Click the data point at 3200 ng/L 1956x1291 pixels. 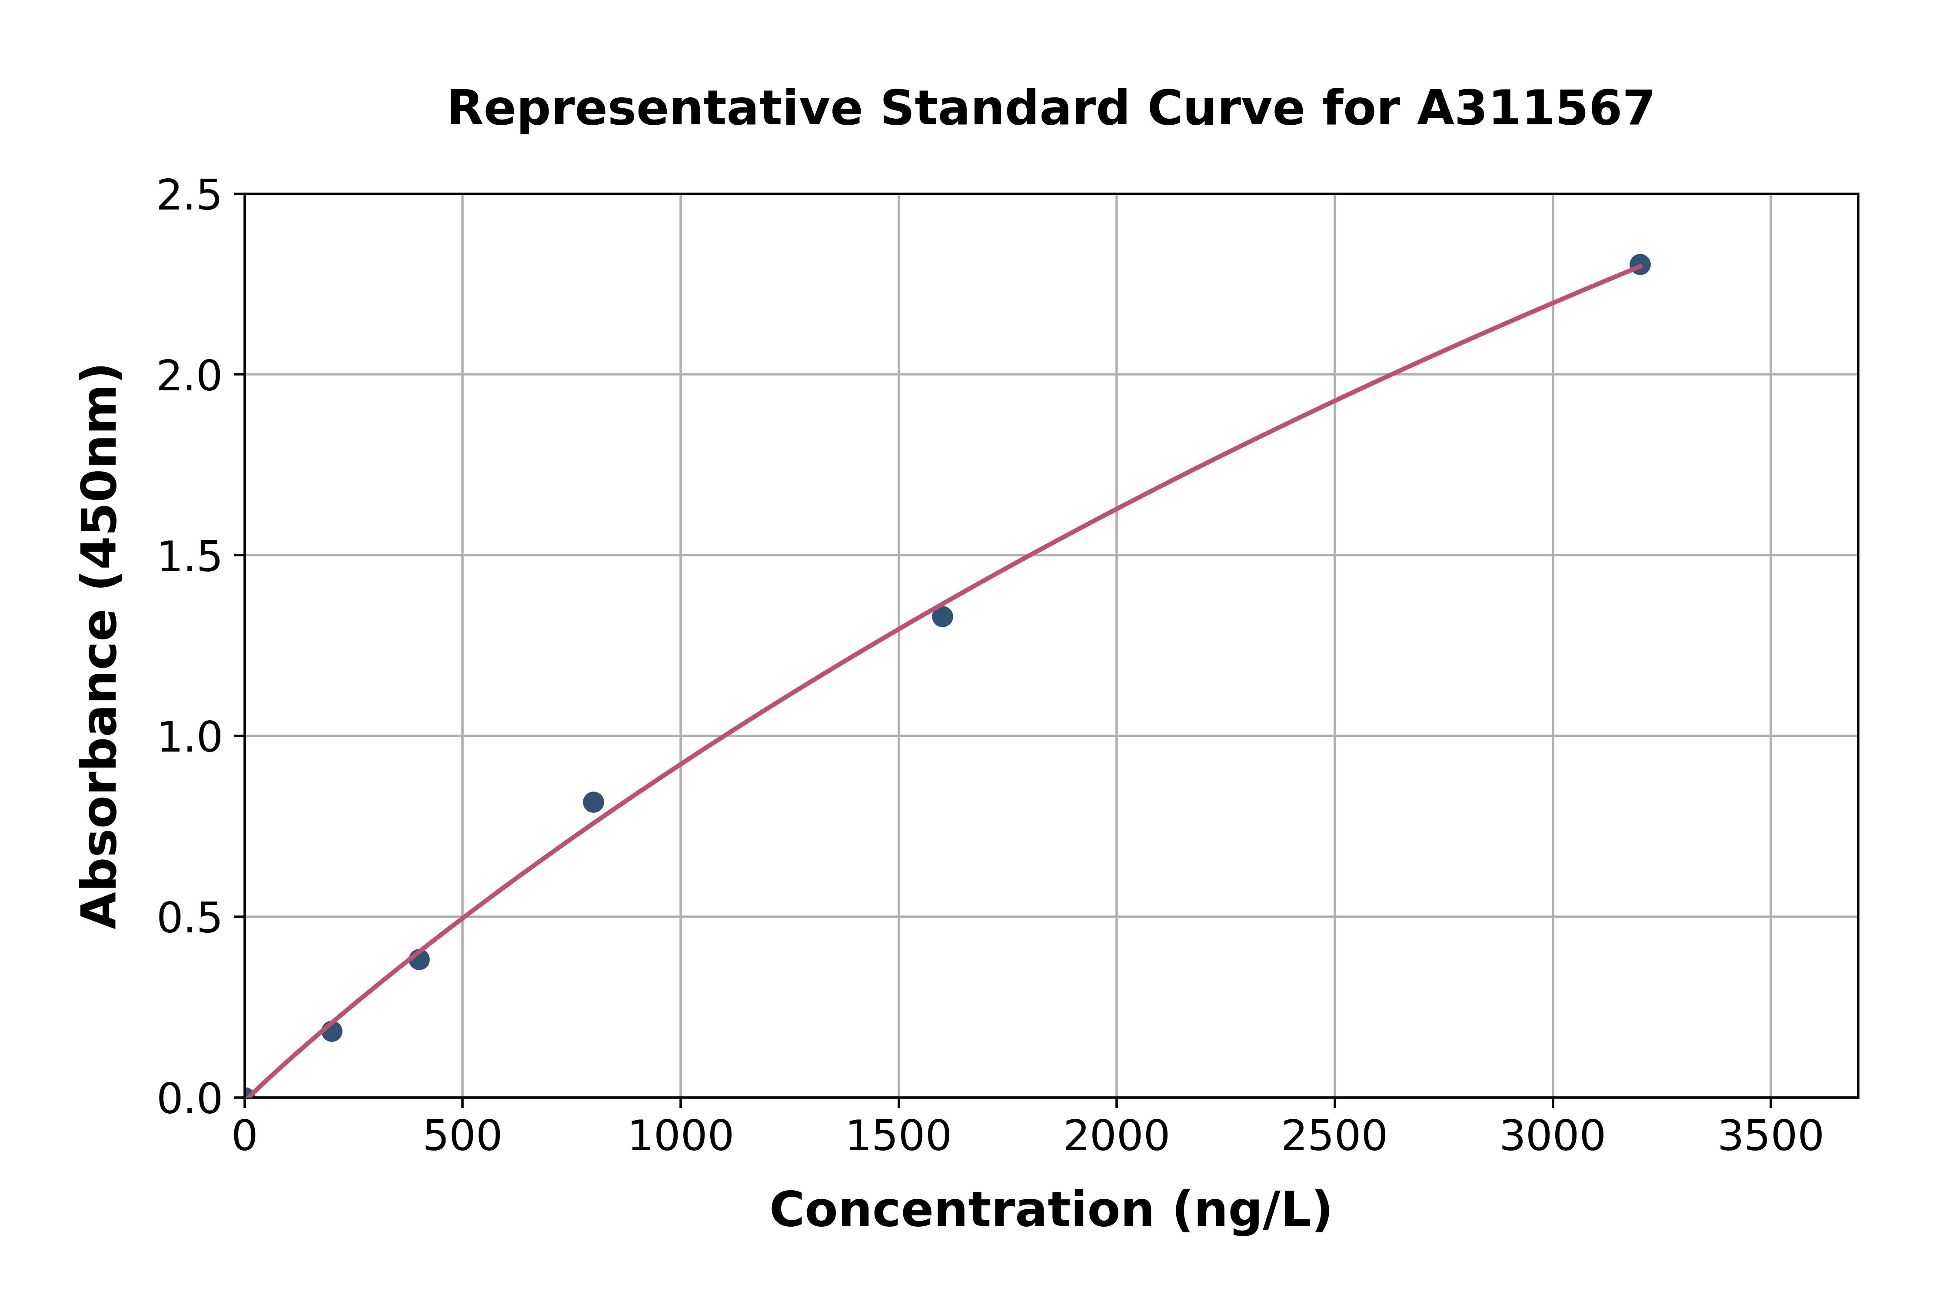tap(1639, 264)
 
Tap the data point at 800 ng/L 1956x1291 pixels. tap(593, 802)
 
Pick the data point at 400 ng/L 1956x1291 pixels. tap(419, 959)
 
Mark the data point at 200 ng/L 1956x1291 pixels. tap(332, 1031)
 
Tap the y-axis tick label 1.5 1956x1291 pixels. tap(190, 556)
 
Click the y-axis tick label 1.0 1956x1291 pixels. tap(190, 737)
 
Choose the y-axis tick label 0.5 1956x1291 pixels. tap(190, 917)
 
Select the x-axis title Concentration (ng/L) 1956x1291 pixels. tap(1051, 1210)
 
